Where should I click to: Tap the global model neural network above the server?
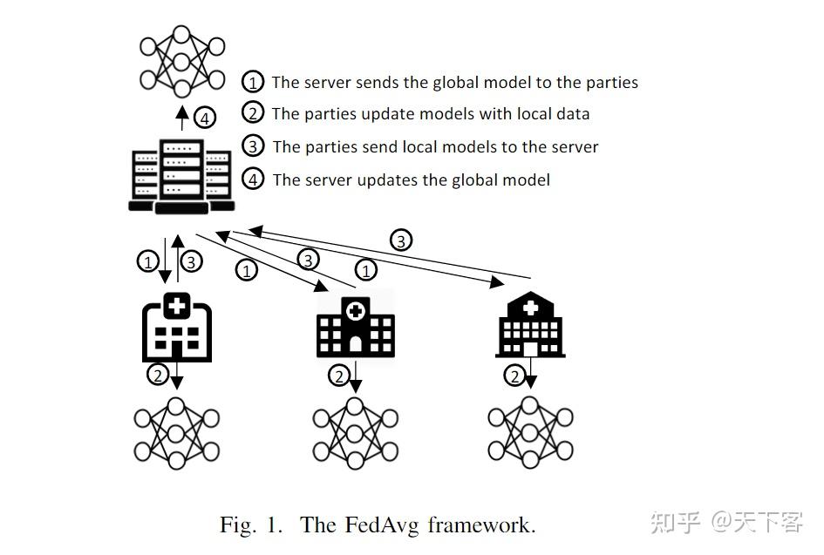tap(181, 61)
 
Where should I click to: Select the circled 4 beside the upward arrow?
tap(203, 117)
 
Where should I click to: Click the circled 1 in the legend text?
tap(253, 83)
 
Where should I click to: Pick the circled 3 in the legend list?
tap(253, 146)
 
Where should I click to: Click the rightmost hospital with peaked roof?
tap(530, 325)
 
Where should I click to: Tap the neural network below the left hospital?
tap(177, 433)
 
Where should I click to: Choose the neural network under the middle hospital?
tap(355, 433)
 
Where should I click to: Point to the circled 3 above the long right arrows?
tap(400, 240)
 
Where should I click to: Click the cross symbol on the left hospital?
tap(177, 305)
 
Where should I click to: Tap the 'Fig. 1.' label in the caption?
tap(252, 525)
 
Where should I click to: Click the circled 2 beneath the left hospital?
tap(158, 376)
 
